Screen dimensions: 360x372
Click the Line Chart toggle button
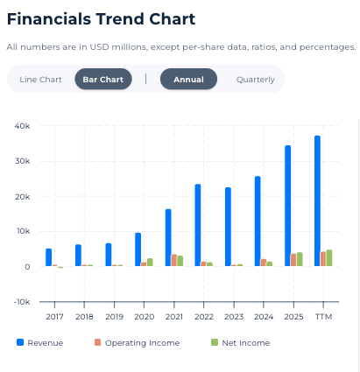pyautogui.click(x=40, y=80)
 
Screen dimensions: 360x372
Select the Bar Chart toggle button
pyautogui.click(x=103, y=79)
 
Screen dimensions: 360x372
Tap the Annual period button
pyautogui.click(x=188, y=79)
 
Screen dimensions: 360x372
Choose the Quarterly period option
pyautogui.click(x=256, y=80)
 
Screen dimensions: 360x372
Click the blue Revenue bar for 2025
pyautogui.click(x=287, y=206)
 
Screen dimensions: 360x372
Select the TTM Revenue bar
pyautogui.click(x=317, y=200)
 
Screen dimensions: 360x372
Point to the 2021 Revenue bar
pyautogui.click(x=168, y=237)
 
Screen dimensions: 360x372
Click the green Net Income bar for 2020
pyautogui.click(x=150, y=263)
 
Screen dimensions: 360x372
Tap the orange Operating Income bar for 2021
pyautogui.click(x=174, y=260)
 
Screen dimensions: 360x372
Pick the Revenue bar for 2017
pyautogui.click(x=48, y=257)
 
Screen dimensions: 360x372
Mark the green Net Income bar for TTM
pyautogui.click(x=329, y=258)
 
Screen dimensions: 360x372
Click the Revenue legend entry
pyautogui.click(x=40, y=342)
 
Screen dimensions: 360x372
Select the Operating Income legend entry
pyautogui.click(x=137, y=342)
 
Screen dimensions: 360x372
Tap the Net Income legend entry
pyautogui.click(x=241, y=342)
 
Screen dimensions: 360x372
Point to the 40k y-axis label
pyautogui.click(x=22, y=126)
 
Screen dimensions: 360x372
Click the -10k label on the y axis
pyautogui.click(x=22, y=302)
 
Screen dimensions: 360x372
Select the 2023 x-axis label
pyautogui.click(x=234, y=317)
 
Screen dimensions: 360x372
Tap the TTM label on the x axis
pyautogui.click(x=323, y=317)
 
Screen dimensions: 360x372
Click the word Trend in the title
pyautogui.click(x=120, y=19)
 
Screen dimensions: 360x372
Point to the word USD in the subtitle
pyautogui.click(x=99, y=47)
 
